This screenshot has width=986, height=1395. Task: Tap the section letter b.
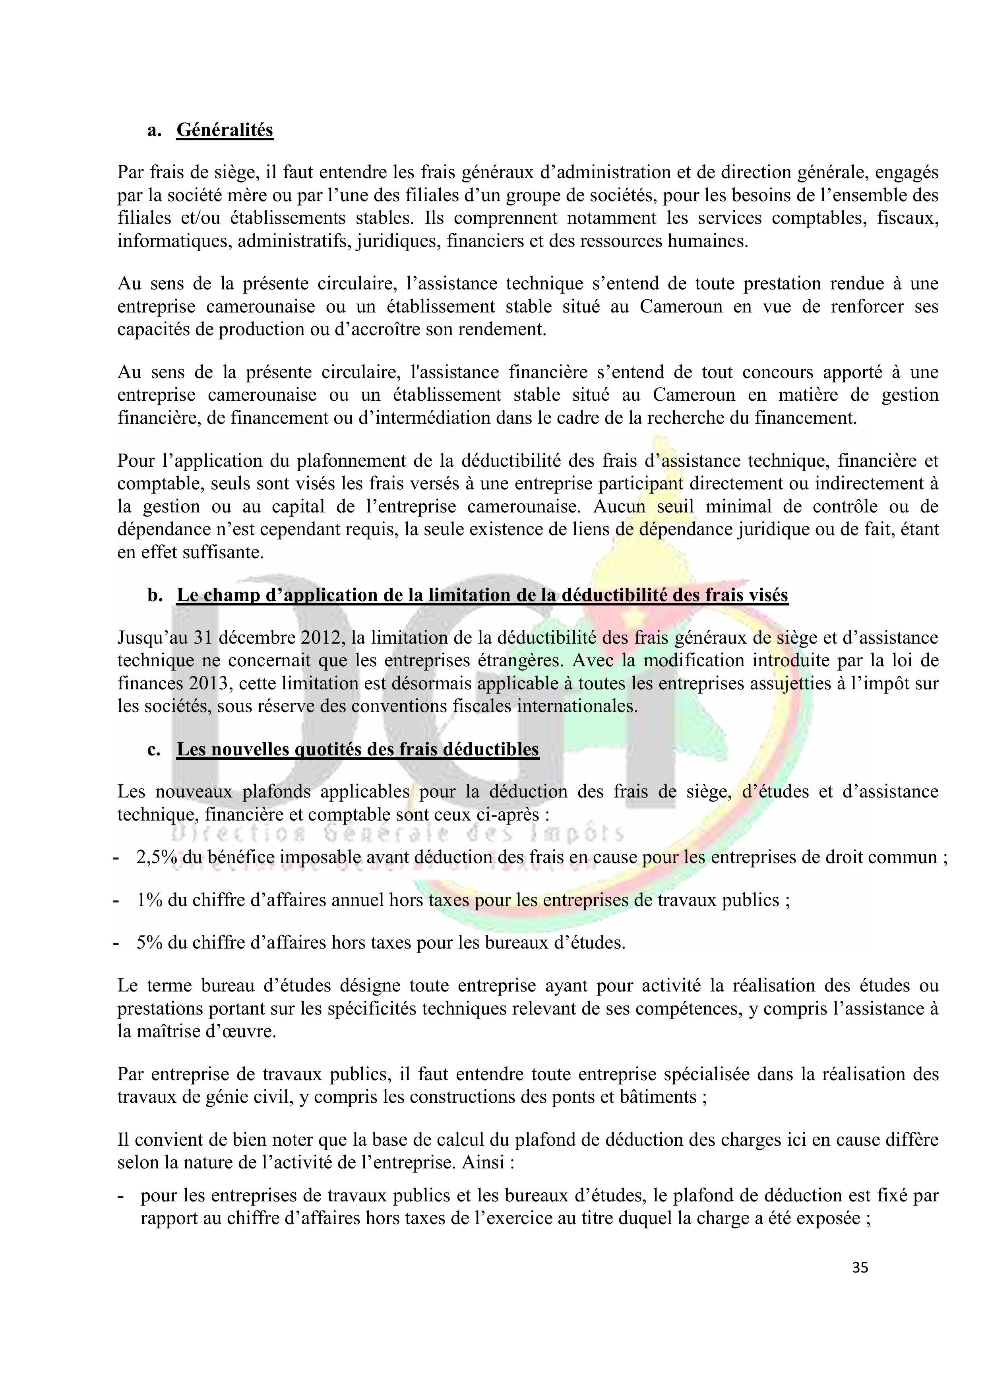[154, 596]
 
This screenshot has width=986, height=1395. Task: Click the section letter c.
[154, 750]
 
